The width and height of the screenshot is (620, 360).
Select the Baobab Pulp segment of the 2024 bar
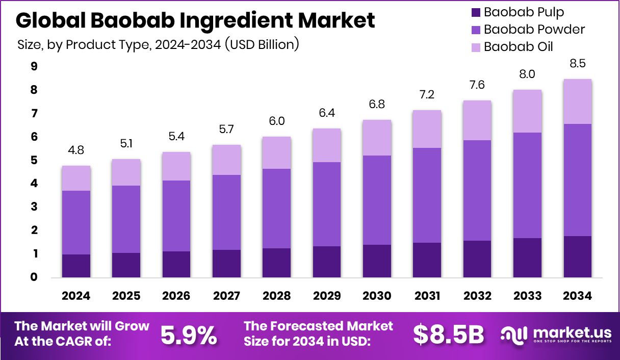[x=76, y=266]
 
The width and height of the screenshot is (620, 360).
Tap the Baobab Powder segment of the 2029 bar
[x=326, y=204]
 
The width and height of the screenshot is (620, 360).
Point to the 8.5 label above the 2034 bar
[x=577, y=64]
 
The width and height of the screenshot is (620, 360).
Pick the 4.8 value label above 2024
[x=76, y=151]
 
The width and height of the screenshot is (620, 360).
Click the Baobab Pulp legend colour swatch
[x=475, y=12]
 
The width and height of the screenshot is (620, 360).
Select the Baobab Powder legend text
[x=534, y=30]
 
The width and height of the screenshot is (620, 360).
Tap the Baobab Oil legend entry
[x=518, y=47]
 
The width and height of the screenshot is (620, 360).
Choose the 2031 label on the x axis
[x=427, y=296]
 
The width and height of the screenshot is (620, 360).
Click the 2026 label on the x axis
[x=176, y=296]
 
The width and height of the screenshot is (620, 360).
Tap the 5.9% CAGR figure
[x=189, y=335]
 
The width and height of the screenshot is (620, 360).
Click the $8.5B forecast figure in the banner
[x=448, y=335]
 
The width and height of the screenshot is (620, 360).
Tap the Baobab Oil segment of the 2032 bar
[x=477, y=120]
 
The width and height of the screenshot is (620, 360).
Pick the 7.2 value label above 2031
[x=427, y=95]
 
